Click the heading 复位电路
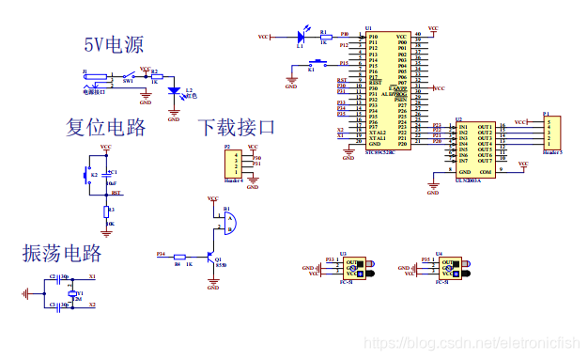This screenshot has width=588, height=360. (105, 126)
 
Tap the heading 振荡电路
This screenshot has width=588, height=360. (62, 253)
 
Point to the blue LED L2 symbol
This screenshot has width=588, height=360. (174, 92)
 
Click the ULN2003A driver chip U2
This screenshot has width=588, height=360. (474, 149)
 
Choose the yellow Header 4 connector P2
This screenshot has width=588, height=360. (230, 164)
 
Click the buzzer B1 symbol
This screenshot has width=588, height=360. (228, 222)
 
